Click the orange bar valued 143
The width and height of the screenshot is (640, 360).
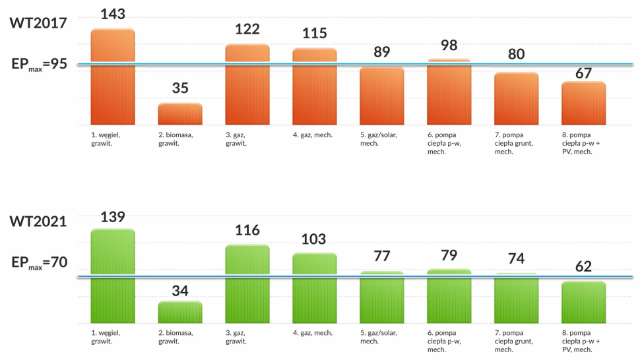tap(113, 76)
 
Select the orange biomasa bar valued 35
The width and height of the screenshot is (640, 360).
tap(179, 113)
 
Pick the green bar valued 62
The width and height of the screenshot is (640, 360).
tap(583, 302)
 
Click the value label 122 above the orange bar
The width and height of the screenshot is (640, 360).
tap(247, 29)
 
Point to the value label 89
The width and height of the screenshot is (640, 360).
tap(382, 51)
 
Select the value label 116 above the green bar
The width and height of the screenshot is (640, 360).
tap(247, 230)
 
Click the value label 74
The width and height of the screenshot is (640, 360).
tap(516, 258)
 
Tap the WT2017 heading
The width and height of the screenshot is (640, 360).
tap(38, 22)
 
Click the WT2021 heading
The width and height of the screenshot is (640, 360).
tap(38, 221)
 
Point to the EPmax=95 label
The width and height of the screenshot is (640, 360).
tap(40, 65)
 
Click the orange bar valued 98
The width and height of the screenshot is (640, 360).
tap(449, 92)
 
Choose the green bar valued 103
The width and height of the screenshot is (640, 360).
tap(315, 287)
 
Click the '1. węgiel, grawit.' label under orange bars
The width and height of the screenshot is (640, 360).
tap(106, 138)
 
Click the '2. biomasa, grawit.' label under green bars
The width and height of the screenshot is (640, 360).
tap(176, 337)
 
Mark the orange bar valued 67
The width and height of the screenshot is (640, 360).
tap(583, 103)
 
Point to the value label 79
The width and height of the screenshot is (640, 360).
tap(449, 255)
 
